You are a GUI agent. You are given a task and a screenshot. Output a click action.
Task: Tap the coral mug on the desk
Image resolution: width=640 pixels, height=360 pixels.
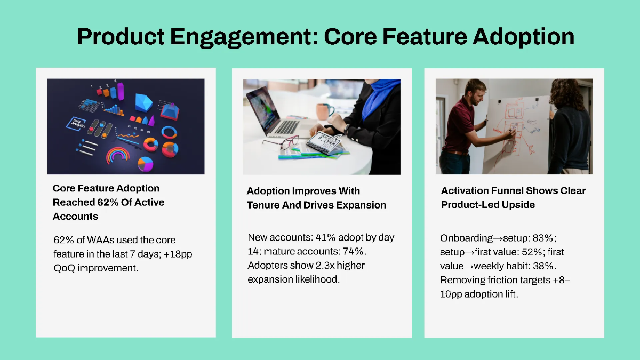point(323,111)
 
